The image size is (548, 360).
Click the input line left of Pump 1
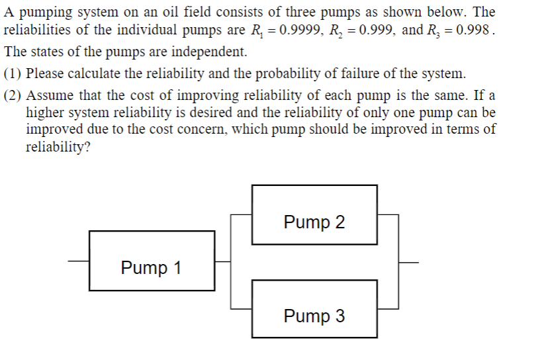[x=78, y=261]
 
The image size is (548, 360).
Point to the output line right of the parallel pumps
[x=408, y=261]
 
